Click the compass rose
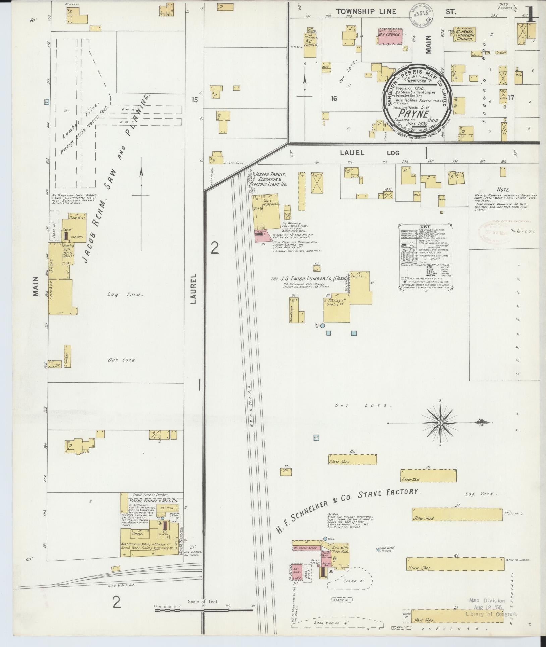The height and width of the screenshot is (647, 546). [440, 423]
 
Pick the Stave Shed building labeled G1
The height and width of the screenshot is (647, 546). [352, 459]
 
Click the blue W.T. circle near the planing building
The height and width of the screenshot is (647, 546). [322, 326]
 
